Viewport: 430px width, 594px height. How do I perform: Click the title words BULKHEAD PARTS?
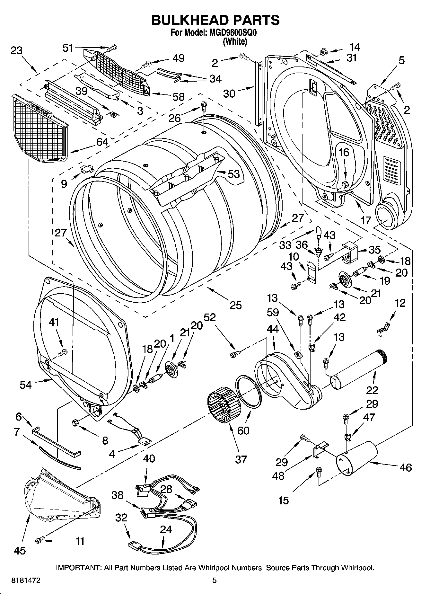[215, 20]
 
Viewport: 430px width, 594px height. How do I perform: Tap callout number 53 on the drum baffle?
[233, 174]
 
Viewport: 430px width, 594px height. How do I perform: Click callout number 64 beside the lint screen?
[102, 142]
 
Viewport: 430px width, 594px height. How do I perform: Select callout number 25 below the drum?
[235, 305]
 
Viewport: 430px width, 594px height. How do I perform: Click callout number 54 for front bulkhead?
[26, 385]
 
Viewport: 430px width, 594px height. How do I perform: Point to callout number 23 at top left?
[16, 50]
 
